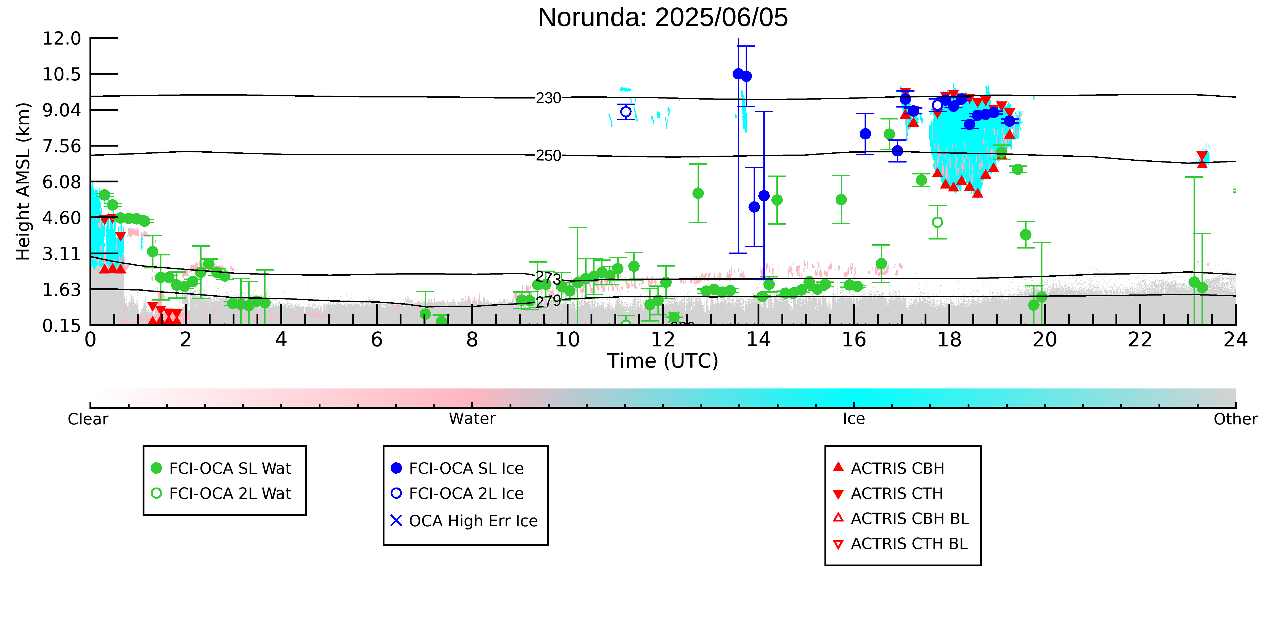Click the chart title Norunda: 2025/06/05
pos(663,18)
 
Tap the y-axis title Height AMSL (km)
pos(23,182)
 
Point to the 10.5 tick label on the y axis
pos(62,74)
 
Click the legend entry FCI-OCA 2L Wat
pos(221,494)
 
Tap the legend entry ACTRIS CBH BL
pos(901,518)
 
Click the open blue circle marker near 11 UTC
pos(626,112)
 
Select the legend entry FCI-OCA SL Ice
pos(457,468)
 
